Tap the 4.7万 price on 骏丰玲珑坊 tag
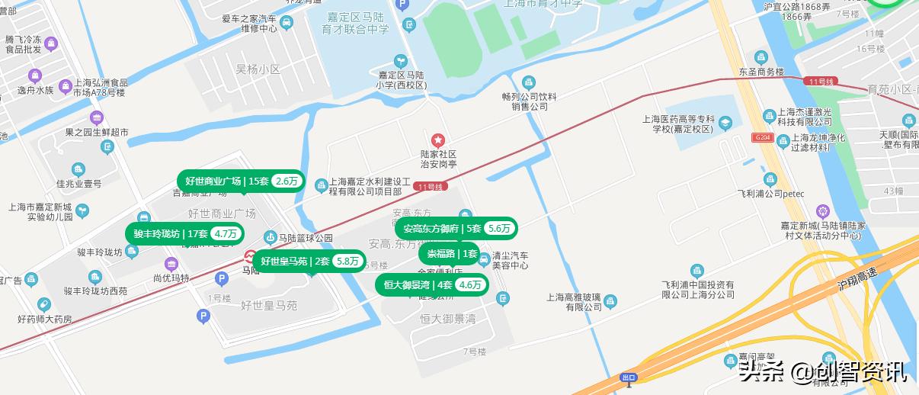[227, 233]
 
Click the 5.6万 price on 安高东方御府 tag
[499, 228]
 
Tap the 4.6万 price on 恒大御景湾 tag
[470, 285]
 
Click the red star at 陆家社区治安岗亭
[438, 140]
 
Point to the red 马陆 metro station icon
[251, 257]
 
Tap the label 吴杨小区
[258, 69]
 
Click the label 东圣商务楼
[760, 72]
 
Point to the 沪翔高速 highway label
[857, 278]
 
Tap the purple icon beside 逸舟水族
[34, 76]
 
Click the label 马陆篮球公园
[306, 238]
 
